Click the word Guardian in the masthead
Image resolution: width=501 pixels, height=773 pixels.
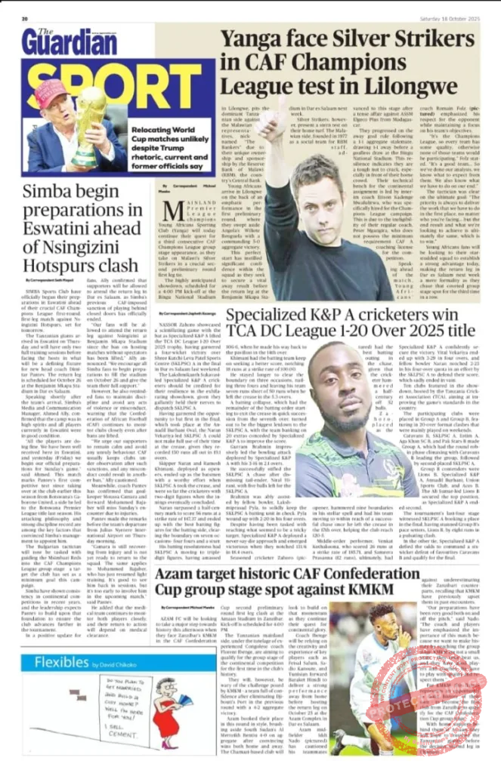(60, 42)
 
